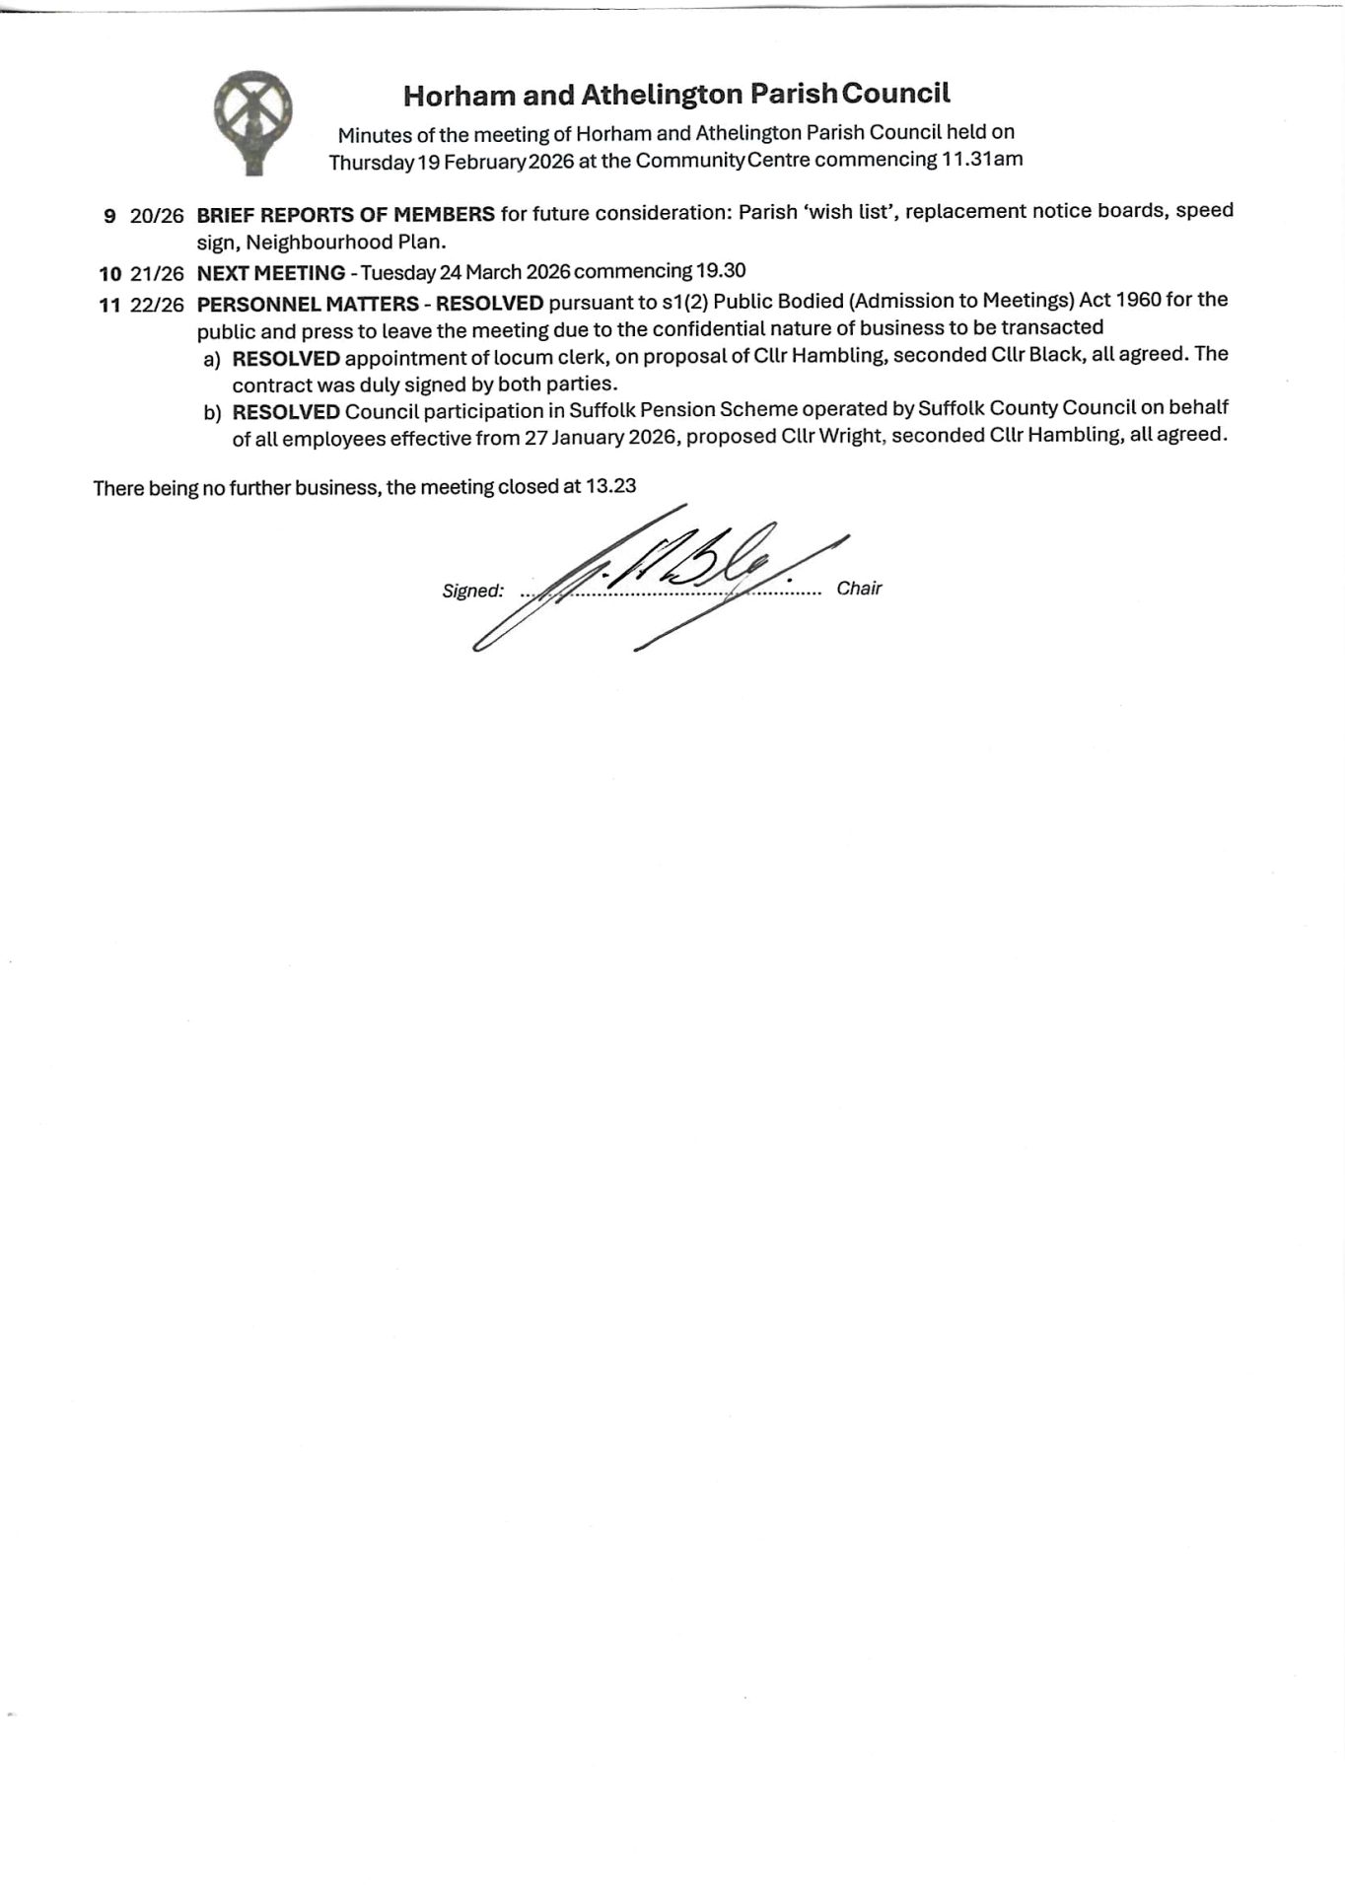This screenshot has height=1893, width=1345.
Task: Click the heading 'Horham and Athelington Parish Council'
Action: pos(676,95)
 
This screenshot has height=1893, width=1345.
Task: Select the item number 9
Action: pos(109,216)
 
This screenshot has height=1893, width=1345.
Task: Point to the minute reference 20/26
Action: pos(157,216)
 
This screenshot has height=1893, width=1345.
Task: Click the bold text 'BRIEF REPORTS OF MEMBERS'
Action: pos(345,214)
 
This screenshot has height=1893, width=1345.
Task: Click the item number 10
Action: pos(109,274)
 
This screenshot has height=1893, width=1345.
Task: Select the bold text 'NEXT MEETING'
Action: pos(271,273)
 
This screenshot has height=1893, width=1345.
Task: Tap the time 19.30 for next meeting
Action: pos(721,270)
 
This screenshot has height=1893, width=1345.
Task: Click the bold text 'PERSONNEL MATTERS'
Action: pos(308,304)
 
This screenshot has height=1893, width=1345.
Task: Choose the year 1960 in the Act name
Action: pos(1139,299)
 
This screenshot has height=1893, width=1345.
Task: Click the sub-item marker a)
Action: pos(212,359)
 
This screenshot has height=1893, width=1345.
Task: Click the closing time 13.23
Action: pos(611,485)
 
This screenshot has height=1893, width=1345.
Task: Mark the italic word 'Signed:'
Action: pos(473,592)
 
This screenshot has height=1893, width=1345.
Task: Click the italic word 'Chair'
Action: pos(859,589)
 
